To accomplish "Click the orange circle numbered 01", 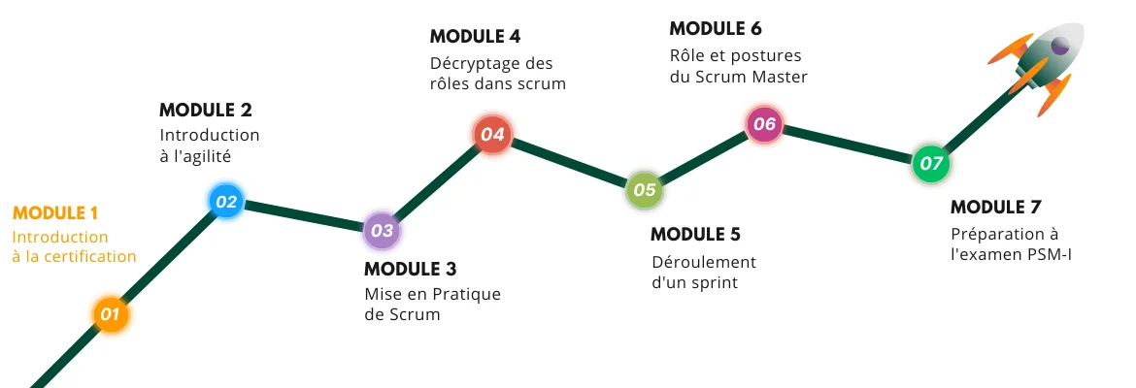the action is point(110,315).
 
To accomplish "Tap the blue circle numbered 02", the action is point(226,201).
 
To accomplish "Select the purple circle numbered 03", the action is point(381,231).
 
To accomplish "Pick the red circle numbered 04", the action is point(492,134).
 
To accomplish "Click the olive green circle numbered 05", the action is point(644,190).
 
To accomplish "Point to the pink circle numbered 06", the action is point(764,124).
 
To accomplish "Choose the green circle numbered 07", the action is point(930,164).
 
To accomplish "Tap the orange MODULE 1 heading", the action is point(55,212).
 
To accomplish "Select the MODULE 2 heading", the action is point(206,110).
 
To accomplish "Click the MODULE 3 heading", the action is point(410,270).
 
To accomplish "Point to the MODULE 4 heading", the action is point(475,36).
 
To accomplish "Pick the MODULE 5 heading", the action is point(695,235).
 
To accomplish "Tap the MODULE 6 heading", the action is point(716,28).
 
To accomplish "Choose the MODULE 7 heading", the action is point(995,207).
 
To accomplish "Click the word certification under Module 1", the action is point(90,256).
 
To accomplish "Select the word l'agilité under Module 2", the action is point(195,156).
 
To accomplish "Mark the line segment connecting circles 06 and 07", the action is point(848,145).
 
